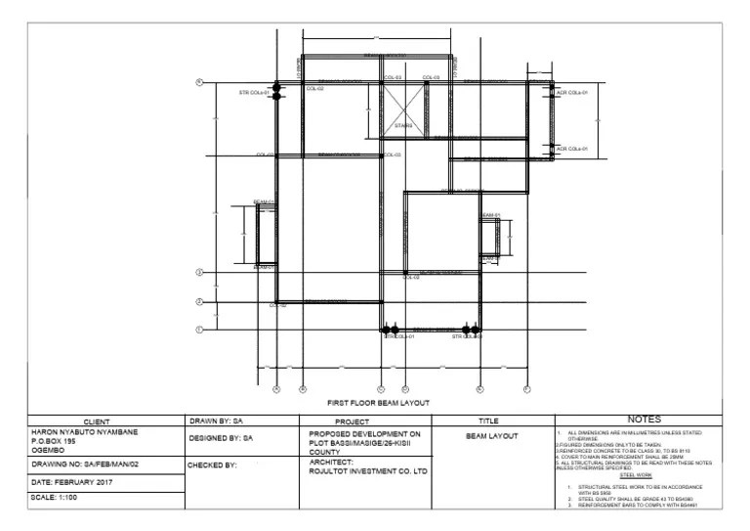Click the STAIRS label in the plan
(x=403, y=126)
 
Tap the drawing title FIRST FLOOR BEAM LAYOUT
(x=378, y=402)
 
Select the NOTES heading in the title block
(x=638, y=420)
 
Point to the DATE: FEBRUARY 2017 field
(x=72, y=482)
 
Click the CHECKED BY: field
(x=213, y=465)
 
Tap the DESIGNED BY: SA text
(x=221, y=439)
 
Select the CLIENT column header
(x=104, y=420)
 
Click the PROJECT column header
(x=352, y=420)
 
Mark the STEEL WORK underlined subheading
(x=636, y=475)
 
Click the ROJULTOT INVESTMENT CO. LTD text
(x=368, y=471)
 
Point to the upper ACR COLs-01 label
(x=571, y=93)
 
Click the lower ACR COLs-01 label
(x=571, y=149)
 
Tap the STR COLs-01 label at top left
(x=254, y=93)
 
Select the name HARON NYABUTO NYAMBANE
(x=85, y=431)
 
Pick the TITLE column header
(x=490, y=420)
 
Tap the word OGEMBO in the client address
(x=49, y=451)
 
